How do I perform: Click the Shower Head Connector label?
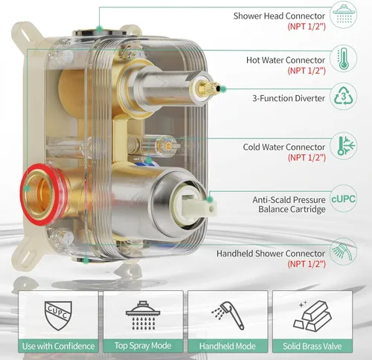279,16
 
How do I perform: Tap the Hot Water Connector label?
286,60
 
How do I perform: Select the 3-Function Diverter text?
289,98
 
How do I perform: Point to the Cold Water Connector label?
284,147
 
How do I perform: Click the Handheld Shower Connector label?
271,254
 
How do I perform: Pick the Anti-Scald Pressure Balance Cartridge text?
289,205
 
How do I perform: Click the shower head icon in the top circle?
343,14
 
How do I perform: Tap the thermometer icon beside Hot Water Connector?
343,59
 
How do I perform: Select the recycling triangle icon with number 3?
344,97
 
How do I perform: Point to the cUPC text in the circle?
344,199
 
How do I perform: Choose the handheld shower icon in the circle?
343,251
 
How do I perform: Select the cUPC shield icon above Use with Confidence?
58,315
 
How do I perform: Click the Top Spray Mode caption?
143,346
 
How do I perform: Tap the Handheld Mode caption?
228,346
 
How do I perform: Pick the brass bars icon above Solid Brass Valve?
312,315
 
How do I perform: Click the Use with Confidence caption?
58,346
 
